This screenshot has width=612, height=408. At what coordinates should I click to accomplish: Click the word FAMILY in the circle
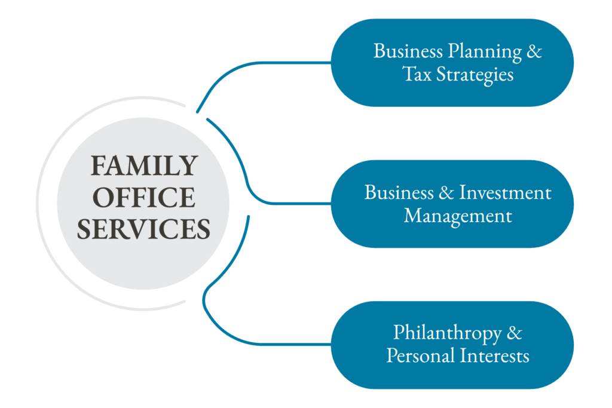[143, 165]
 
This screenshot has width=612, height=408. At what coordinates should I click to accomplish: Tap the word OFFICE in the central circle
[143, 197]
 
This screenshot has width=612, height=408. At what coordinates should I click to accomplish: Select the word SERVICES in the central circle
[143, 229]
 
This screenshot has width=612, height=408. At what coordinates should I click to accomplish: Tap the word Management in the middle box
[458, 215]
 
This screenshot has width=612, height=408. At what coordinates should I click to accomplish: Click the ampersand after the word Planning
[534, 51]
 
